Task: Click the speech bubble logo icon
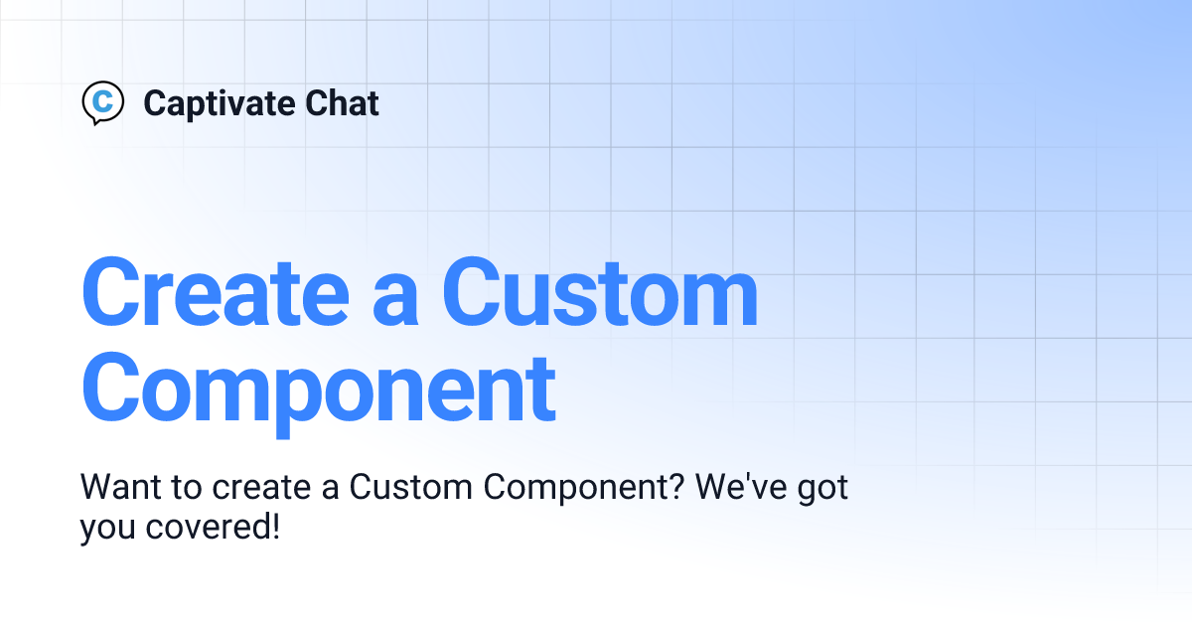tap(101, 102)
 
